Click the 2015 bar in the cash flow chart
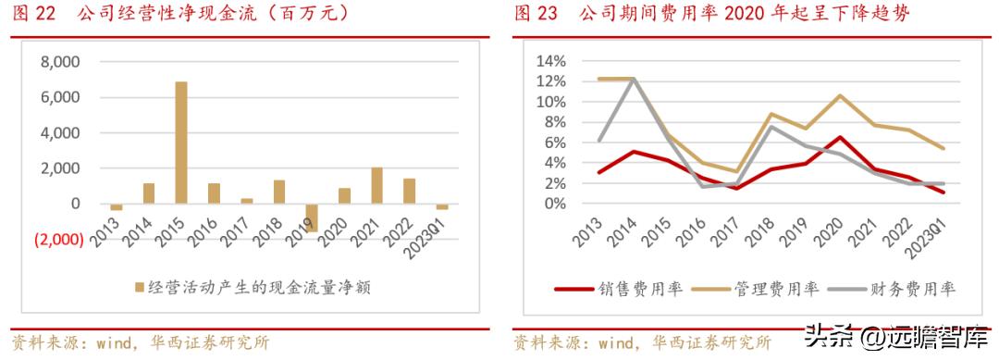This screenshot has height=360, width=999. coord(181,142)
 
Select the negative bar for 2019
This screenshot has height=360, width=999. coord(312,217)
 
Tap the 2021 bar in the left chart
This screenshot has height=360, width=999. coord(376,185)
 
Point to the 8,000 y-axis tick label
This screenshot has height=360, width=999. coord(60,62)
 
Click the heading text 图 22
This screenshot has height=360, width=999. coord(33,15)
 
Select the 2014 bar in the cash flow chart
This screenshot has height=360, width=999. coord(149,192)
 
